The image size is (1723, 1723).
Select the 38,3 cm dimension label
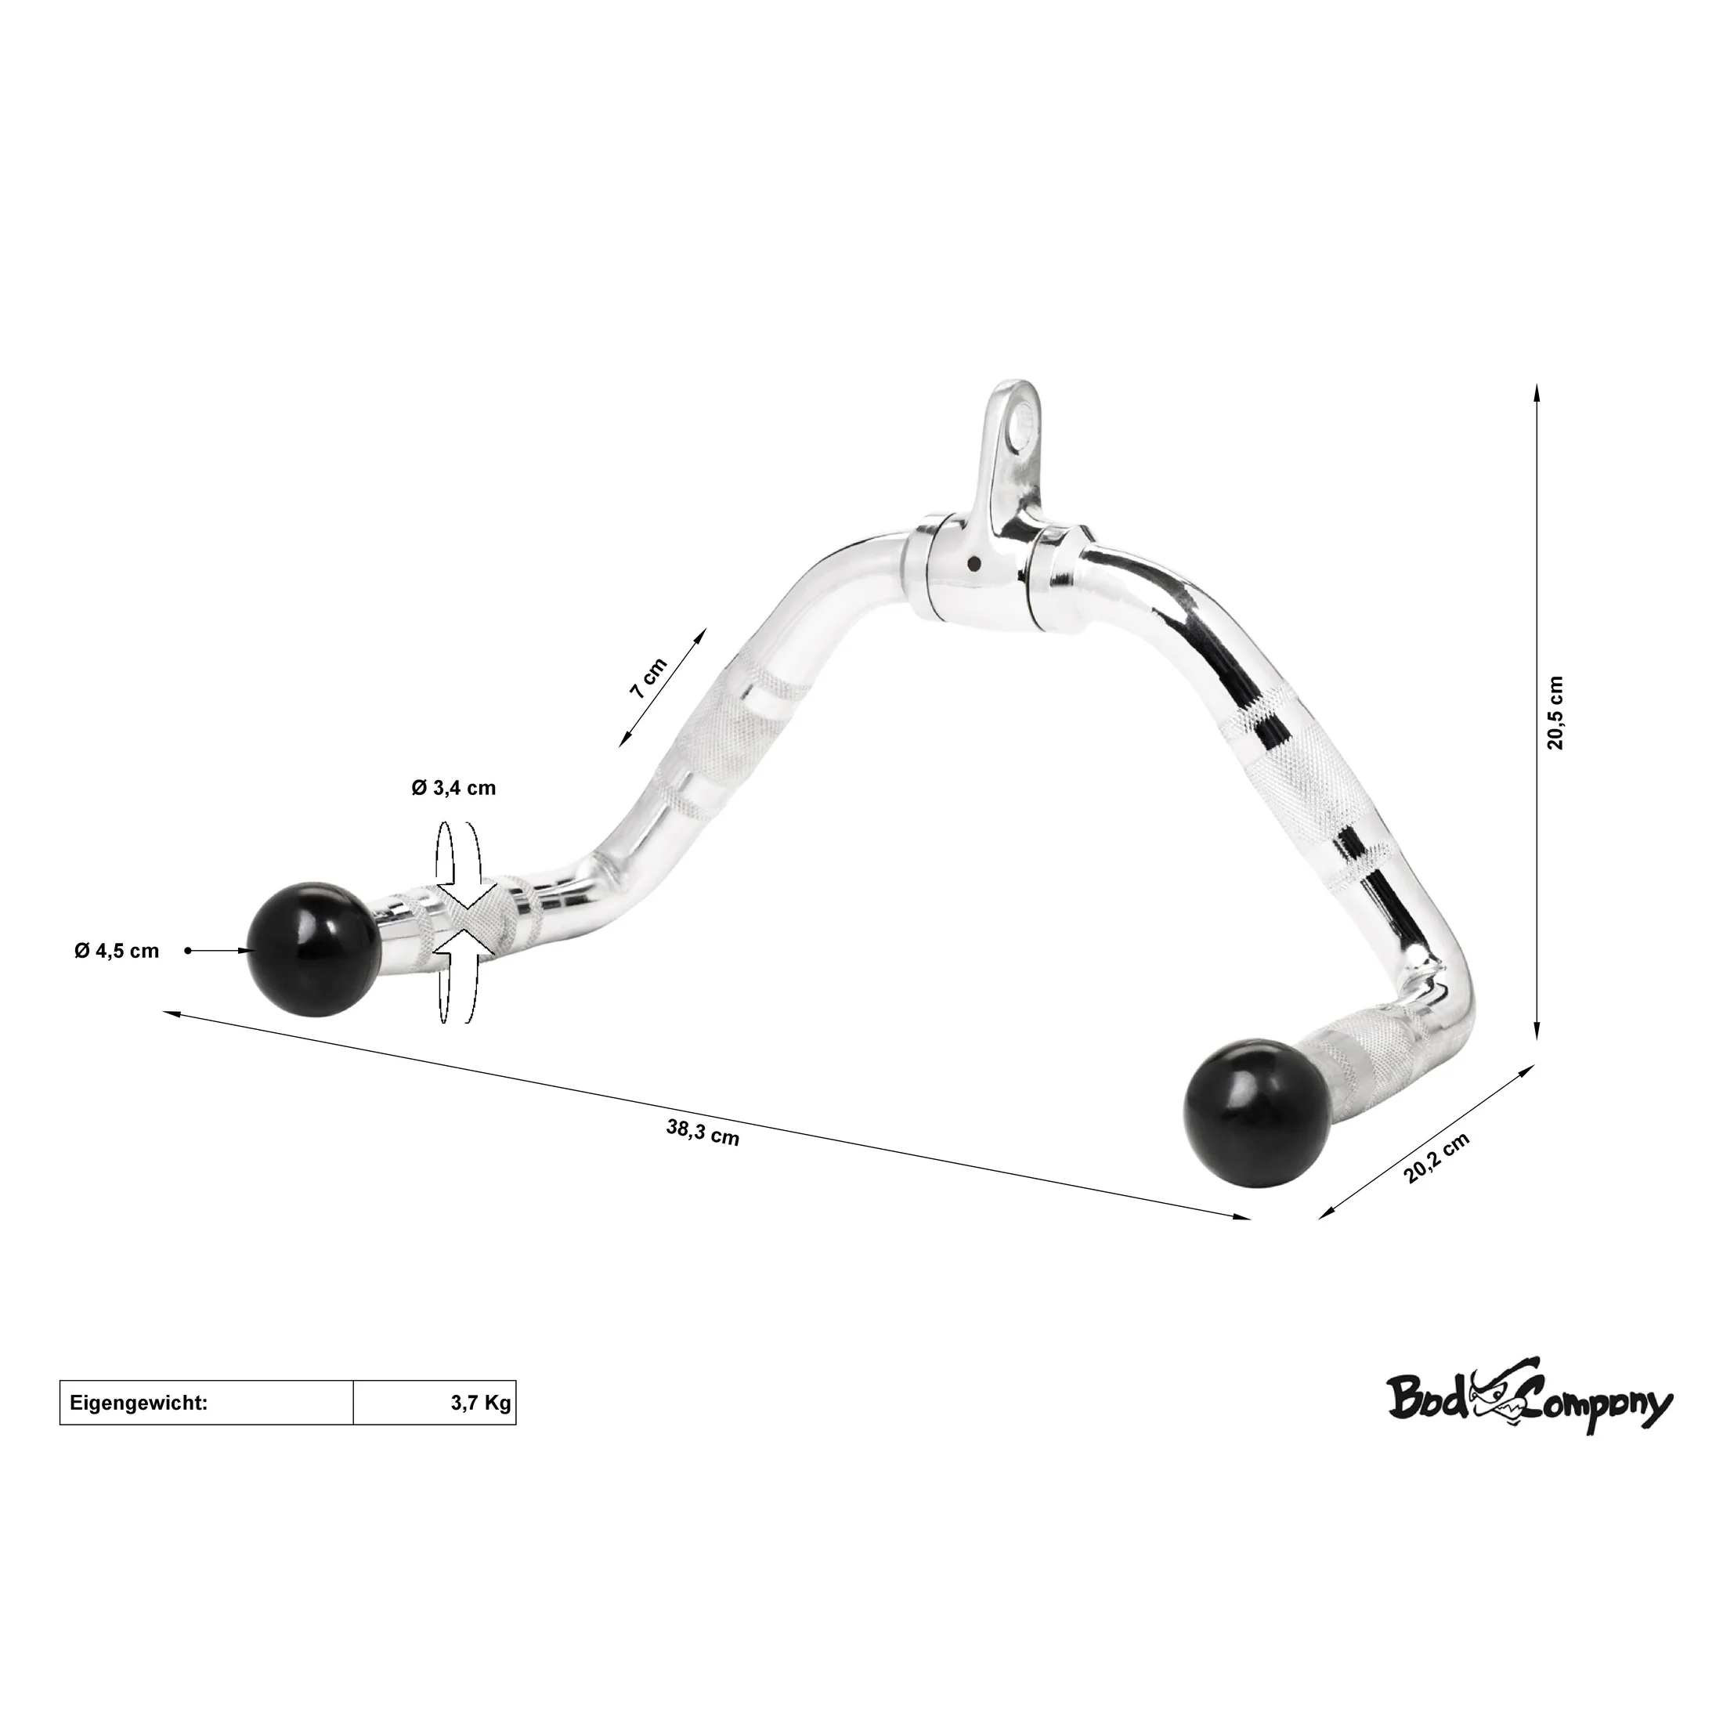pyautogui.click(x=703, y=1132)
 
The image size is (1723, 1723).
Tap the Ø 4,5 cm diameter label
pyautogui.click(x=117, y=952)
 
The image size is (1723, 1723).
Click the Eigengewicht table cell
pyautogui.click(x=207, y=1403)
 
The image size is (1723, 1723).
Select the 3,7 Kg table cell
pyautogui.click(x=435, y=1403)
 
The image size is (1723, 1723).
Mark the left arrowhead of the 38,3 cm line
pyautogui.click(x=173, y=1014)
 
